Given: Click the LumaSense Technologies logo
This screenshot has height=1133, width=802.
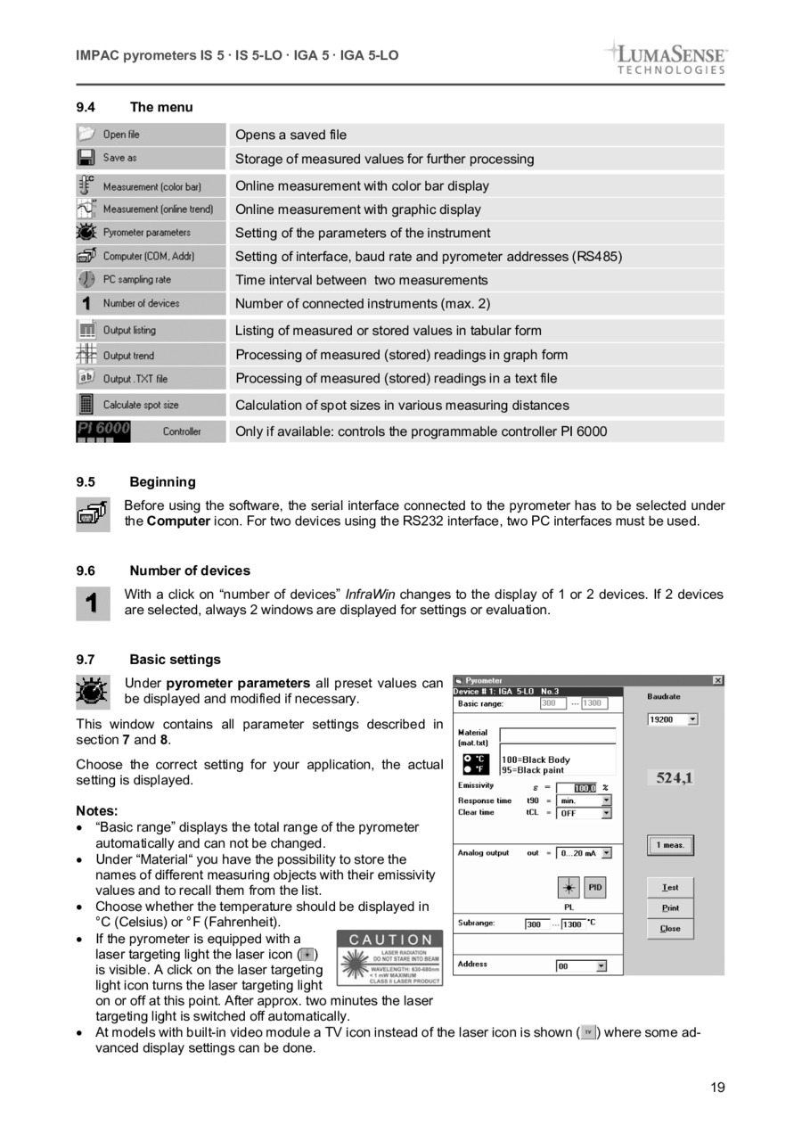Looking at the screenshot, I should tap(666, 57).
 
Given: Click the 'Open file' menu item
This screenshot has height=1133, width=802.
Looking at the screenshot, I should tap(121, 135).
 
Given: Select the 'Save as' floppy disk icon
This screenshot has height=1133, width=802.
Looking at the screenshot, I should tap(86, 158).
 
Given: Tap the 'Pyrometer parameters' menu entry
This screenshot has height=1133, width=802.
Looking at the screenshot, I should tap(146, 233).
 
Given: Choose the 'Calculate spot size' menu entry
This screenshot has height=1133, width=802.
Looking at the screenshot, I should tap(140, 405).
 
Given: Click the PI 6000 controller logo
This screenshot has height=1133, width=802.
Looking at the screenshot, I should tap(103, 431).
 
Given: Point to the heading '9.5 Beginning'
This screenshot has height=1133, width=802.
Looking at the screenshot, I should tap(135, 482).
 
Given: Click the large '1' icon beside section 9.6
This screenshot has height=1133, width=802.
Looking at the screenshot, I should tap(92, 603).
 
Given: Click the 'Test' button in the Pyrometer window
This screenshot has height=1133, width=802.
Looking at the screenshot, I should tap(670, 888).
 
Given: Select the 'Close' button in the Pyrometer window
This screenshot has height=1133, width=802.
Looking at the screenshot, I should tap(670, 929).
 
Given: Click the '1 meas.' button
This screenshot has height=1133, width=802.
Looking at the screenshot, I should tap(670, 845).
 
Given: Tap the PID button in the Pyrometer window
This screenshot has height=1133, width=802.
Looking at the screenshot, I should tap(595, 888).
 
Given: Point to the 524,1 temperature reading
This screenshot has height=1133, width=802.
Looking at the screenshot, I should tap(675, 778).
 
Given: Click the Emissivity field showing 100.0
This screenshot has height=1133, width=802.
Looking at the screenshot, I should tap(584, 788).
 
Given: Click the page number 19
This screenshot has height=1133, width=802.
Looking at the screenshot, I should tap(717, 1087).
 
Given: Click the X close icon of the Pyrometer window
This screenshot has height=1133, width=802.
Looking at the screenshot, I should tap(717, 681).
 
